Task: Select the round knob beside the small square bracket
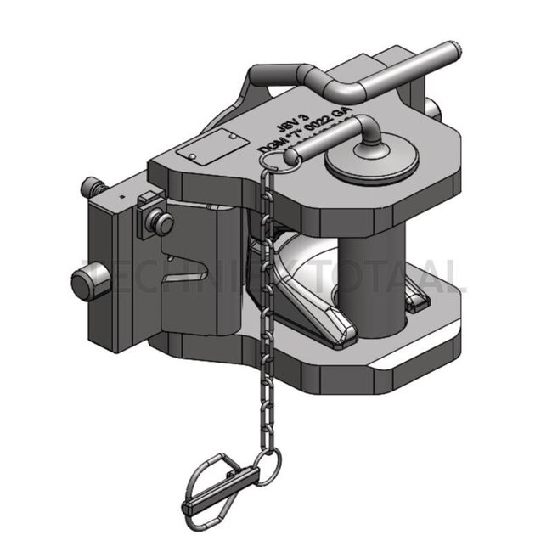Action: click(x=161, y=223)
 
